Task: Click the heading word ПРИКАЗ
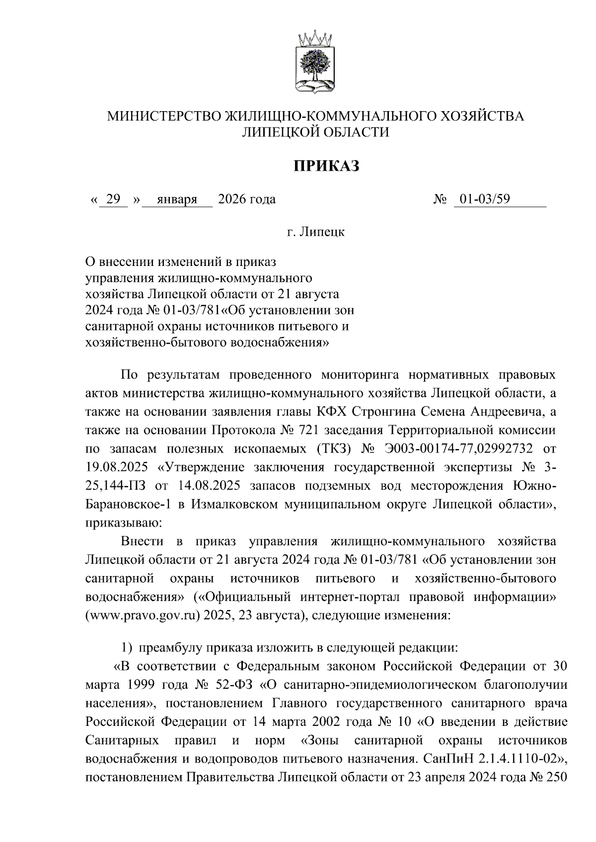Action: [x=325, y=166]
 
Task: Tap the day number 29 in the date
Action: [x=113, y=199]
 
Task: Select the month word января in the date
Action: [x=177, y=199]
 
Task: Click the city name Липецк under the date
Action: [x=322, y=232]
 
